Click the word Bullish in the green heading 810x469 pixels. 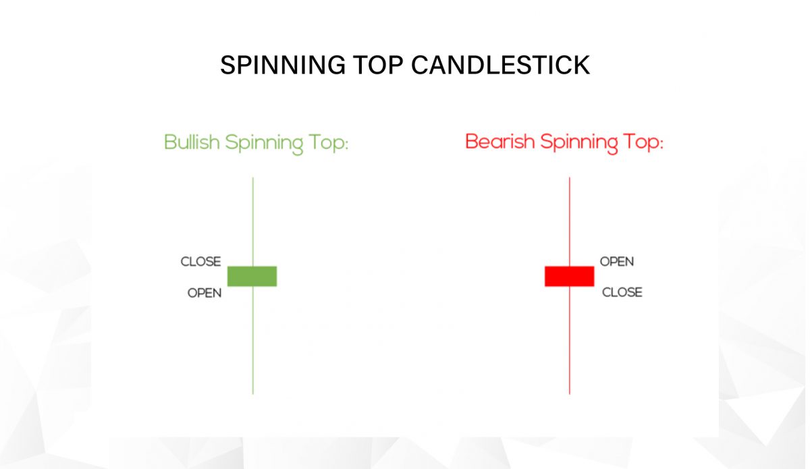192,142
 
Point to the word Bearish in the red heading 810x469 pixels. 498,142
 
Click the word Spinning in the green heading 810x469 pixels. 264,143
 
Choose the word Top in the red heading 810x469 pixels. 643,143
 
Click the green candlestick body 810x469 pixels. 252,276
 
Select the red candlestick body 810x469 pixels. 569,276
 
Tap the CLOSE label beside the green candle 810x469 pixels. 200,262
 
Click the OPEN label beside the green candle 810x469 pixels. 205,294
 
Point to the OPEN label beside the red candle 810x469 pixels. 617,262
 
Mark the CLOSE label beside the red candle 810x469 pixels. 622,293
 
